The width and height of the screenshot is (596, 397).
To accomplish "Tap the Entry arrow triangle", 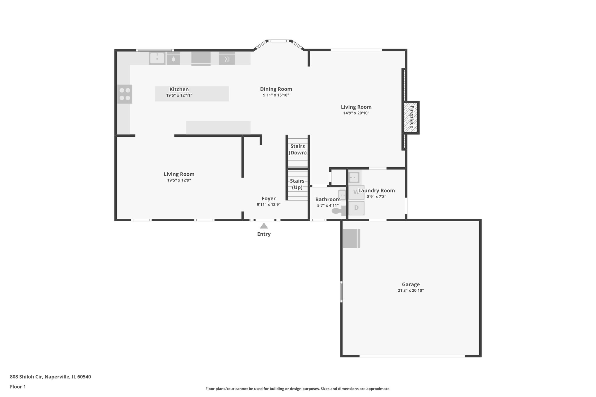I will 264,226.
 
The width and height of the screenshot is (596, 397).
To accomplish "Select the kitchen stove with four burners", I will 125,94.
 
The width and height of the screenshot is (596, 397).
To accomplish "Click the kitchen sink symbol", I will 157,58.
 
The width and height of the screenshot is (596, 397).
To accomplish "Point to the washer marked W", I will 356,192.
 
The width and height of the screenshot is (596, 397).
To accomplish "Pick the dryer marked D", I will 356,208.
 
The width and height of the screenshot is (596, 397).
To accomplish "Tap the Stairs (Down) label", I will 297,149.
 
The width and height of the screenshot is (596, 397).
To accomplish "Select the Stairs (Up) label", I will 297,184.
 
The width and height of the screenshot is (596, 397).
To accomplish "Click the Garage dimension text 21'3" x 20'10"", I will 411,291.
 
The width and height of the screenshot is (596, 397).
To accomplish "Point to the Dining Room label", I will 276,89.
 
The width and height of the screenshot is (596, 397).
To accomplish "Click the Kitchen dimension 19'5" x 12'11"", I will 179,95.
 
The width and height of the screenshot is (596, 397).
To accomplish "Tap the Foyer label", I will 268,199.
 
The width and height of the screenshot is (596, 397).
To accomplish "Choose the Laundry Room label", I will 377,191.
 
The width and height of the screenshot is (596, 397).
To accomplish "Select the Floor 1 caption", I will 18,387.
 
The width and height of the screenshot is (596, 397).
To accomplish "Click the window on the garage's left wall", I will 341,291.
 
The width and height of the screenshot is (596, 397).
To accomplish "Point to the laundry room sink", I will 354,177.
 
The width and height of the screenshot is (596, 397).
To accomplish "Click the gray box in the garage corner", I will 351,238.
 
